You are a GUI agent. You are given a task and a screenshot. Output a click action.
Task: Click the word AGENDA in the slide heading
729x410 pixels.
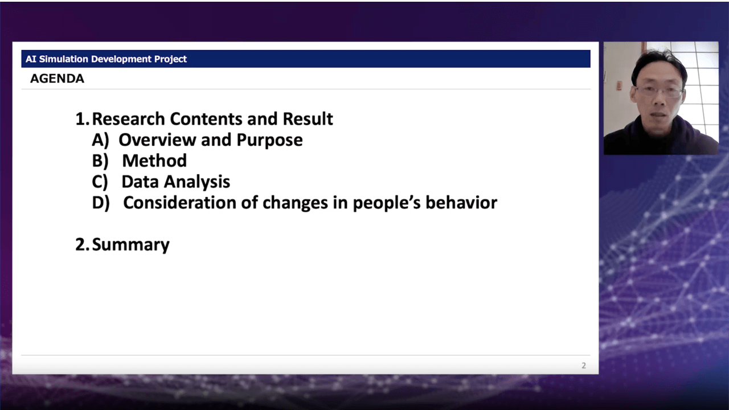[58, 79]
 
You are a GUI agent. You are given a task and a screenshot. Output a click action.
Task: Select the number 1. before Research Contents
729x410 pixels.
[83, 119]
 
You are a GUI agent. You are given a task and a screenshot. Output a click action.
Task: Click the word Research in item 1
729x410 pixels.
[129, 119]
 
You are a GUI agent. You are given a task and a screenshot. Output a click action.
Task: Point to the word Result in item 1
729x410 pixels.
[308, 119]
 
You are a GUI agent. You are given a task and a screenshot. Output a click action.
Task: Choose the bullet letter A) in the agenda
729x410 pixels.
[100, 140]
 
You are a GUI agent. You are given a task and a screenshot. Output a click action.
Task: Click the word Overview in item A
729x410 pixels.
[158, 140]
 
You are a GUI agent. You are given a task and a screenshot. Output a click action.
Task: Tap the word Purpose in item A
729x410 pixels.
[269, 140]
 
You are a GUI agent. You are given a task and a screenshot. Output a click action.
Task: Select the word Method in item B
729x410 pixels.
[154, 161]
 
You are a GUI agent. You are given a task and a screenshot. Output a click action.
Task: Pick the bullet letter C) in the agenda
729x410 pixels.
[100, 182]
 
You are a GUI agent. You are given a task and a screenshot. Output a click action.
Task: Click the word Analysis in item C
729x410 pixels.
[197, 182]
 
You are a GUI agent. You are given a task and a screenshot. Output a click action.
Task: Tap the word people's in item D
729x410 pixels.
[387, 203]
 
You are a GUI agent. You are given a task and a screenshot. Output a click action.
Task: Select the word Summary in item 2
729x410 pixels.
[131, 245]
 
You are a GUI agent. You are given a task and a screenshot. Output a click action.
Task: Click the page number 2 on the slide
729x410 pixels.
[584, 366]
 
